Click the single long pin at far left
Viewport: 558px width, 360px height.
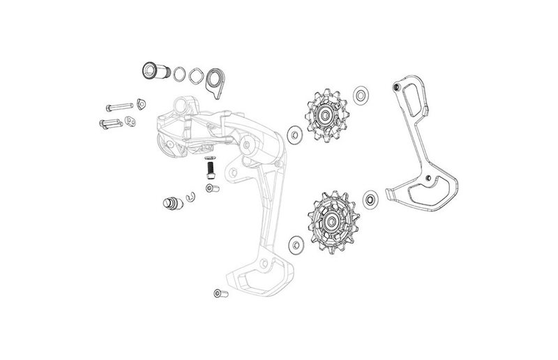click(x=119, y=107)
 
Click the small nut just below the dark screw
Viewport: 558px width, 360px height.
click(x=210, y=188)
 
